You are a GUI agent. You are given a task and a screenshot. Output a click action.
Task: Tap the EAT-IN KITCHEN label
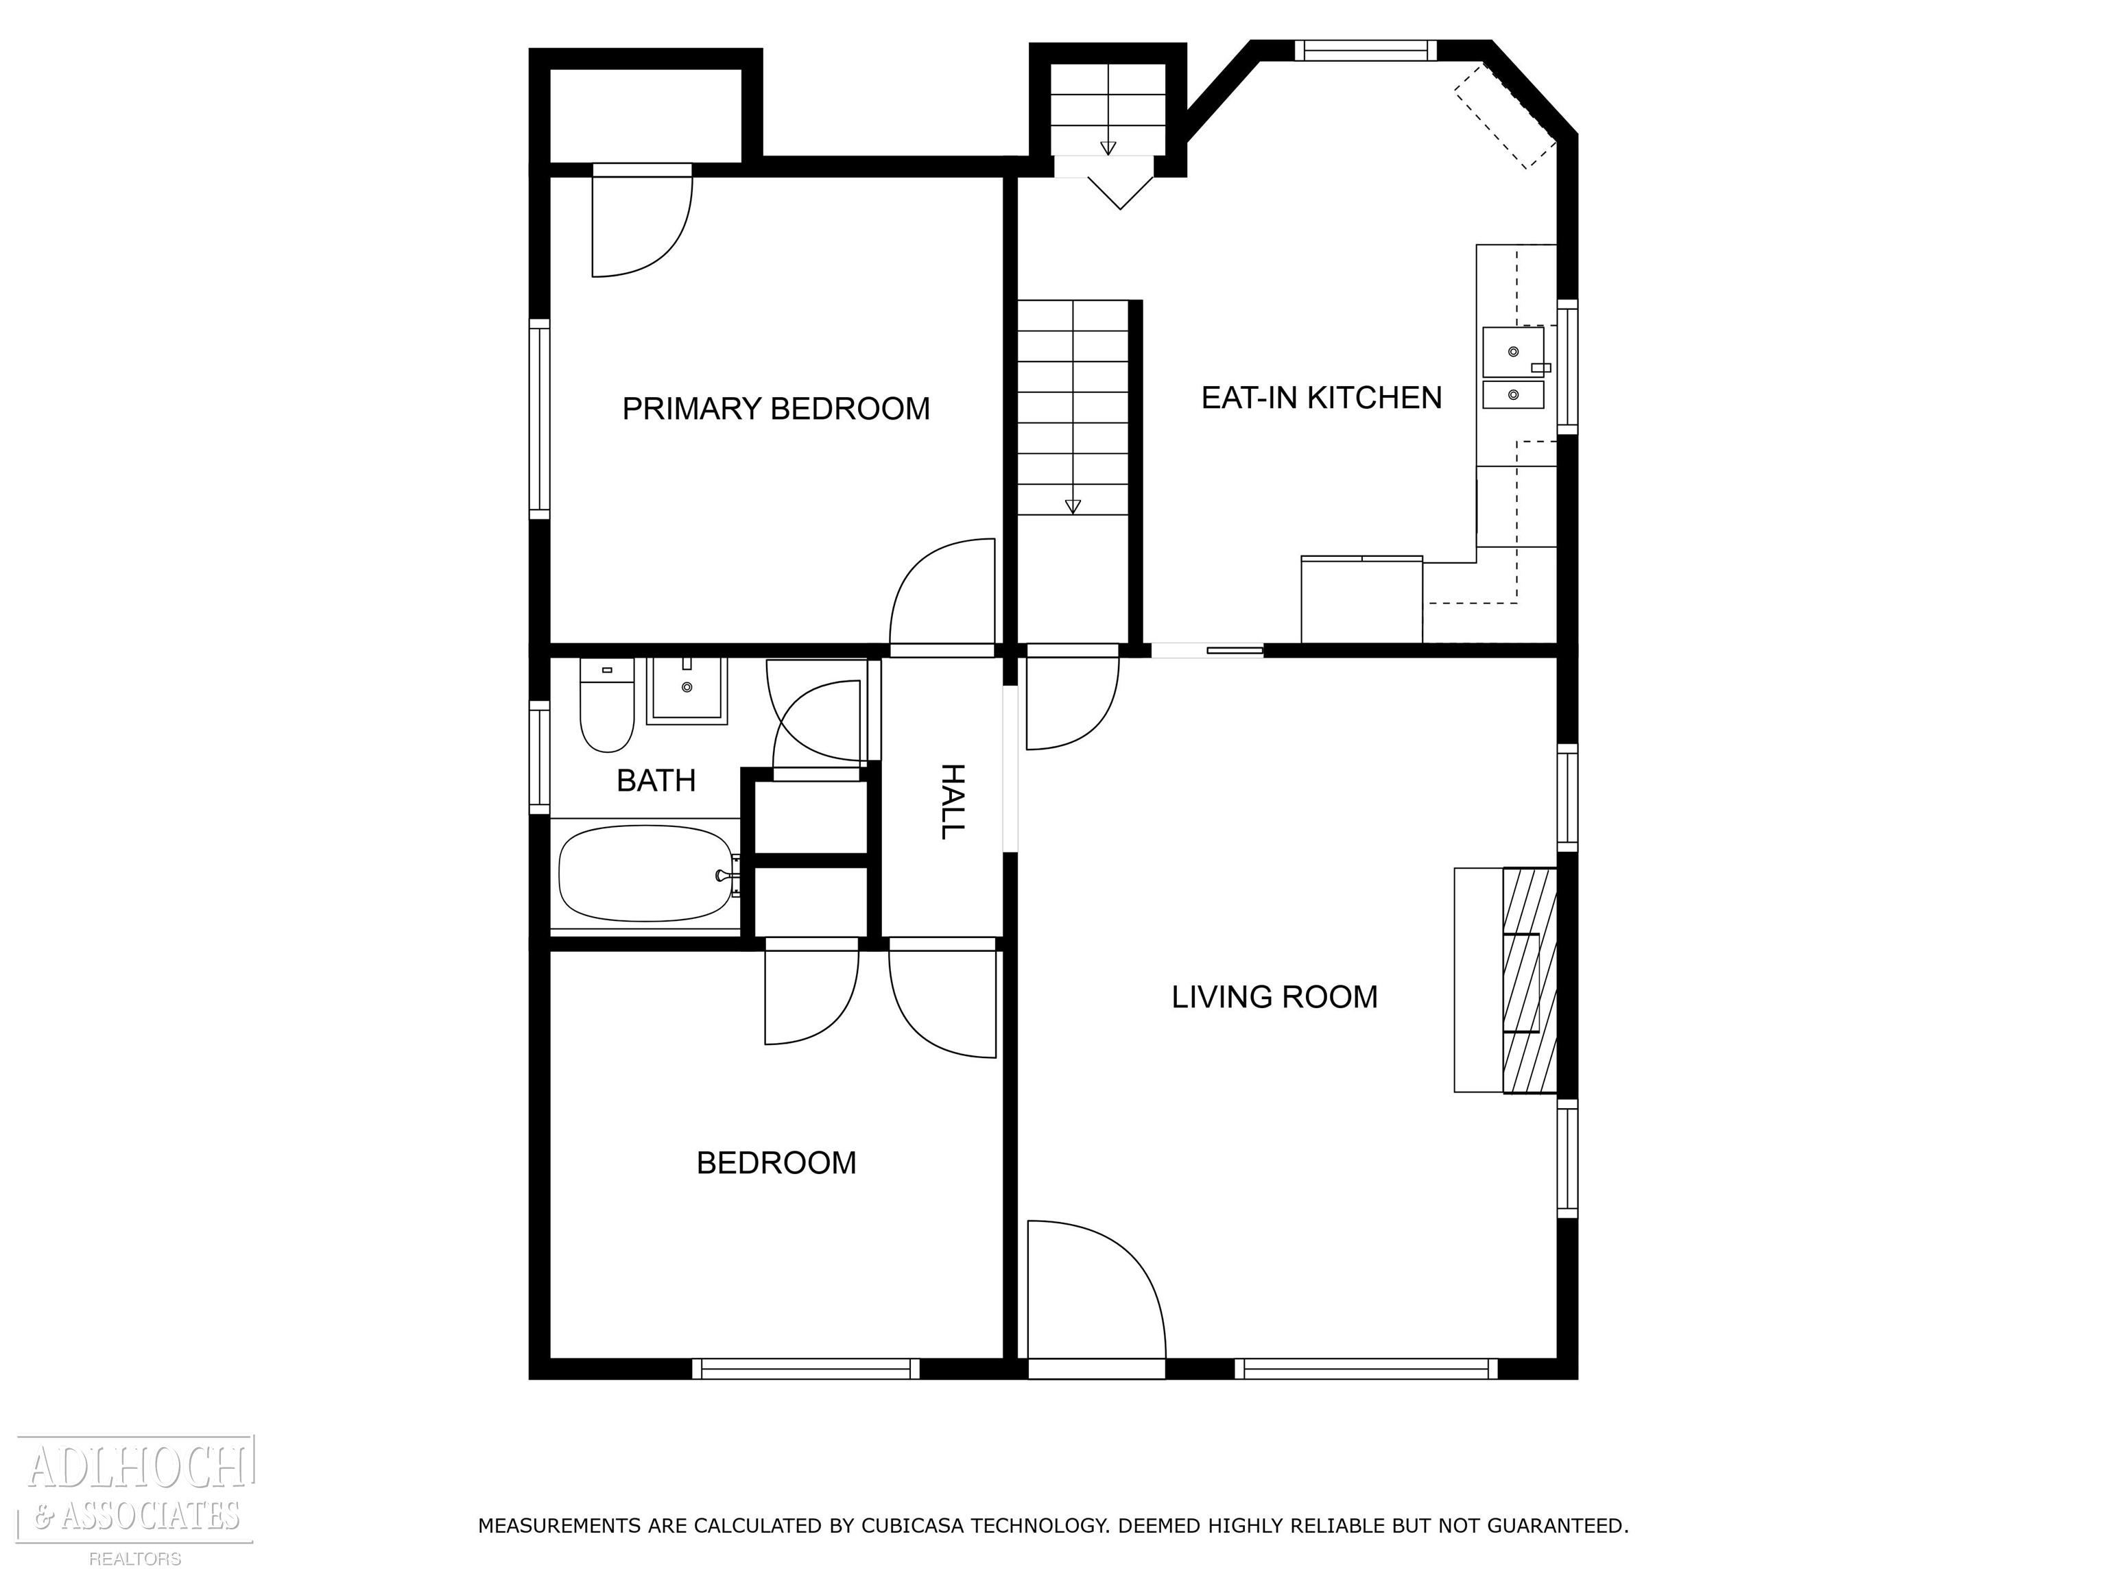(1321, 397)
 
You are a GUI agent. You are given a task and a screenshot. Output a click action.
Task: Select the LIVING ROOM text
(1274, 996)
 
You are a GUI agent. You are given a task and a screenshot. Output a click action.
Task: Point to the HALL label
(951, 801)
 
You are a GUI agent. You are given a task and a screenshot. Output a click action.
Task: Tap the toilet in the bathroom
(607, 705)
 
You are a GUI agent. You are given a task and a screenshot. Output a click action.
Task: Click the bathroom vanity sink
(687, 691)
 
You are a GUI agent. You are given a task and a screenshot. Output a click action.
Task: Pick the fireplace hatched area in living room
(1529, 980)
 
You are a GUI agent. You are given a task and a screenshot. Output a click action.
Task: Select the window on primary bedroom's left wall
(539, 419)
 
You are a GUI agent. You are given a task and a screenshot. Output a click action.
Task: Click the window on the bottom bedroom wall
(805, 1369)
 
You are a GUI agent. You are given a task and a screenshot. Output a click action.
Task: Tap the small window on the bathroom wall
(539, 758)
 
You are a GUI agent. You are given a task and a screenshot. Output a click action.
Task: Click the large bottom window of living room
(1367, 1369)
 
